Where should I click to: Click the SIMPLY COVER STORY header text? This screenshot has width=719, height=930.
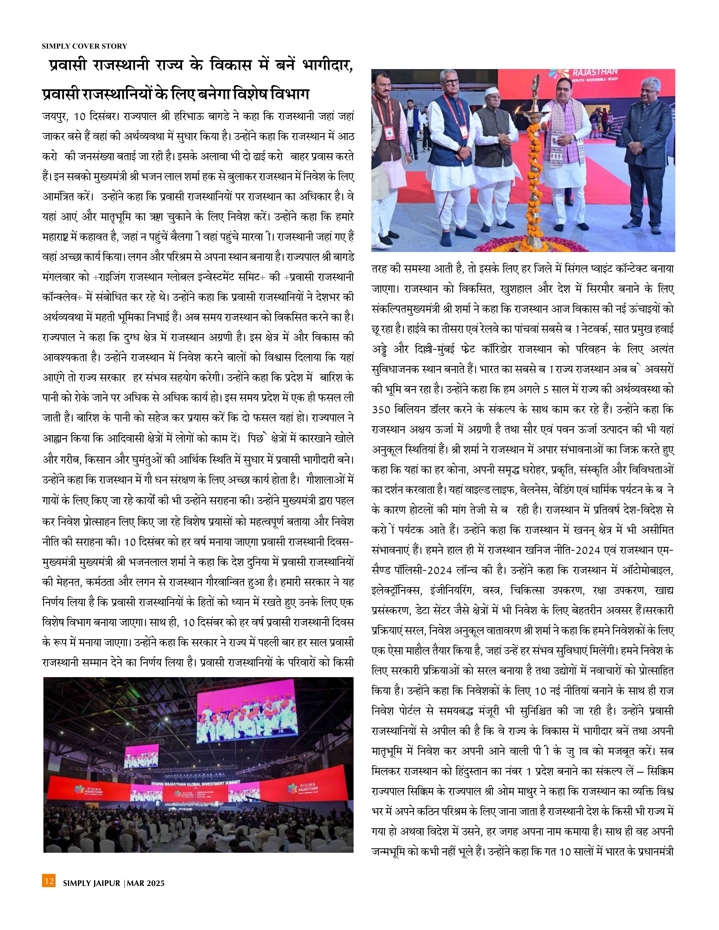pos(84,46)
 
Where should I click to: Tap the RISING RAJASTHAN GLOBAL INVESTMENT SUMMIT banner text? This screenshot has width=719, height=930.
pos(196,783)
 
